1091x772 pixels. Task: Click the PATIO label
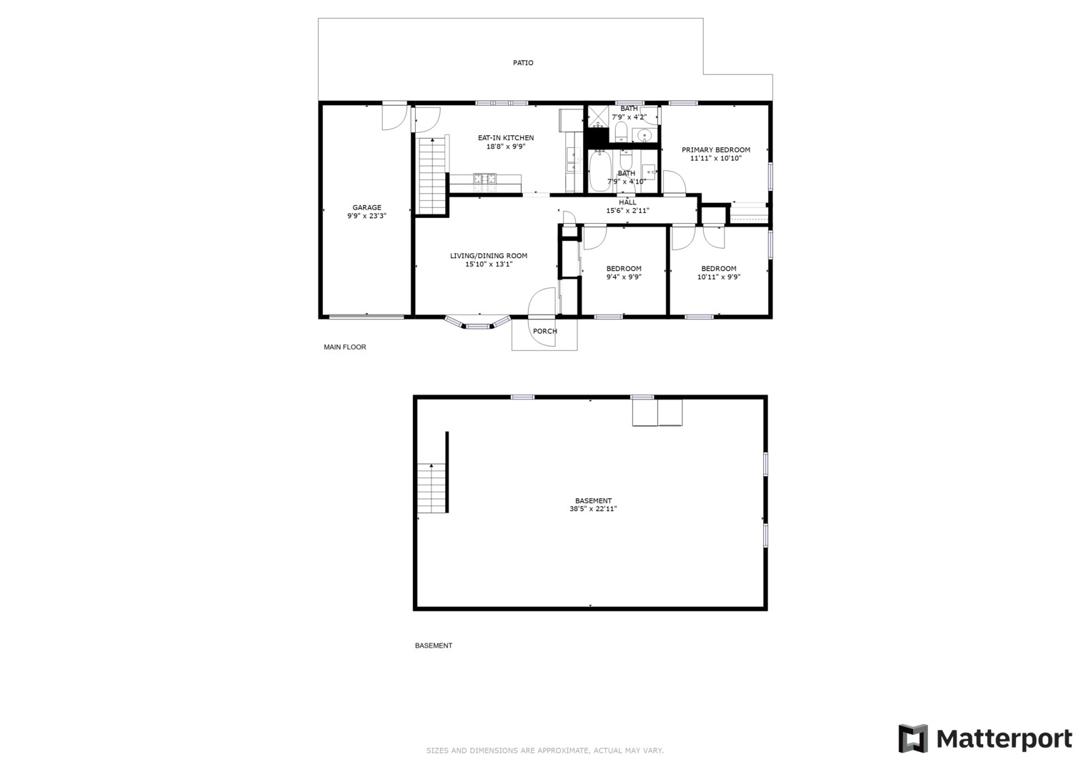pyautogui.click(x=523, y=63)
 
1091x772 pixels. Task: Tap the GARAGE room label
pyautogui.click(x=367, y=208)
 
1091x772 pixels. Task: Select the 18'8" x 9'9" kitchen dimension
pyautogui.click(x=506, y=147)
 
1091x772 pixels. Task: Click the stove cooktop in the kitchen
pyautogui.click(x=484, y=179)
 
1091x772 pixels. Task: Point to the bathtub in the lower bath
pyautogui.click(x=599, y=172)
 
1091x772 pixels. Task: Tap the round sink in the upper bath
pyautogui.click(x=645, y=135)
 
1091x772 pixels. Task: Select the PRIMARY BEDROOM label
pyautogui.click(x=716, y=150)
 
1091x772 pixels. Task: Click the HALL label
pyautogui.click(x=627, y=202)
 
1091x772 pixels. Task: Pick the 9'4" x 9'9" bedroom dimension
pyautogui.click(x=624, y=277)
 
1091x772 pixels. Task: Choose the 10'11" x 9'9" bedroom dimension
pyautogui.click(x=719, y=277)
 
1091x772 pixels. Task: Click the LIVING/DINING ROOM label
pyautogui.click(x=489, y=256)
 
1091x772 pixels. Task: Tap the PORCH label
pyautogui.click(x=544, y=331)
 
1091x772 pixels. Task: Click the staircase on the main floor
pyautogui.click(x=432, y=175)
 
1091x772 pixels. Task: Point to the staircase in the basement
pyautogui.click(x=432, y=488)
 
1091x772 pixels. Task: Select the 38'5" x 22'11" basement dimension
pyautogui.click(x=593, y=510)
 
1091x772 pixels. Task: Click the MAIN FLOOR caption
pyautogui.click(x=345, y=347)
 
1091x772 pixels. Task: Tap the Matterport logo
pyautogui.click(x=985, y=739)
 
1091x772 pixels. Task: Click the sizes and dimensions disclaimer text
pyautogui.click(x=544, y=751)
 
